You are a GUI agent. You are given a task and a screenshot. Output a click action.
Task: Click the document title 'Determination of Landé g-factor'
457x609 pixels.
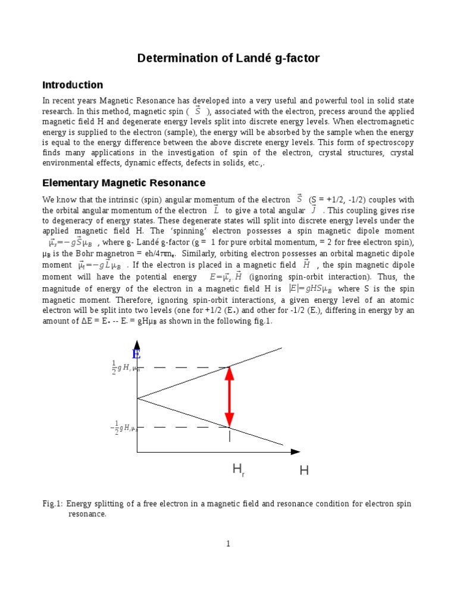click(x=228, y=58)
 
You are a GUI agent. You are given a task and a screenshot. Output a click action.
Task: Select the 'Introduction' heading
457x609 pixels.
click(x=73, y=85)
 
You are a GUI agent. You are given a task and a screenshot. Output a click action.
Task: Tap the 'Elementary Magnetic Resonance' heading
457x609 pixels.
click(x=124, y=183)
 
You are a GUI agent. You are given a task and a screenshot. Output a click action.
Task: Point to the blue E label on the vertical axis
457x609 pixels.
click(x=136, y=354)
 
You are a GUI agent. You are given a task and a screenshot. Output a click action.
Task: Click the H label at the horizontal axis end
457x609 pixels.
click(x=304, y=471)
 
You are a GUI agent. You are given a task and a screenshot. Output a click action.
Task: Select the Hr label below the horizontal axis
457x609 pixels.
click(x=239, y=471)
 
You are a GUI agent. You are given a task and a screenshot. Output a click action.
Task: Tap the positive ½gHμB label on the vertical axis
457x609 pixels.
click(x=125, y=368)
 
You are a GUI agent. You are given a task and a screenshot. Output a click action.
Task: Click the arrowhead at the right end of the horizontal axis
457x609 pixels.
click(x=295, y=452)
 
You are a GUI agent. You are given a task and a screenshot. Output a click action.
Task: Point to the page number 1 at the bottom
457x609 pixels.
click(x=228, y=544)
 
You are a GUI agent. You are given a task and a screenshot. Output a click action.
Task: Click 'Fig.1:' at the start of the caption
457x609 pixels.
click(x=53, y=504)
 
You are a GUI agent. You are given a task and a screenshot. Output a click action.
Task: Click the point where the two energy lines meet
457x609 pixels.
click(x=137, y=398)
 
